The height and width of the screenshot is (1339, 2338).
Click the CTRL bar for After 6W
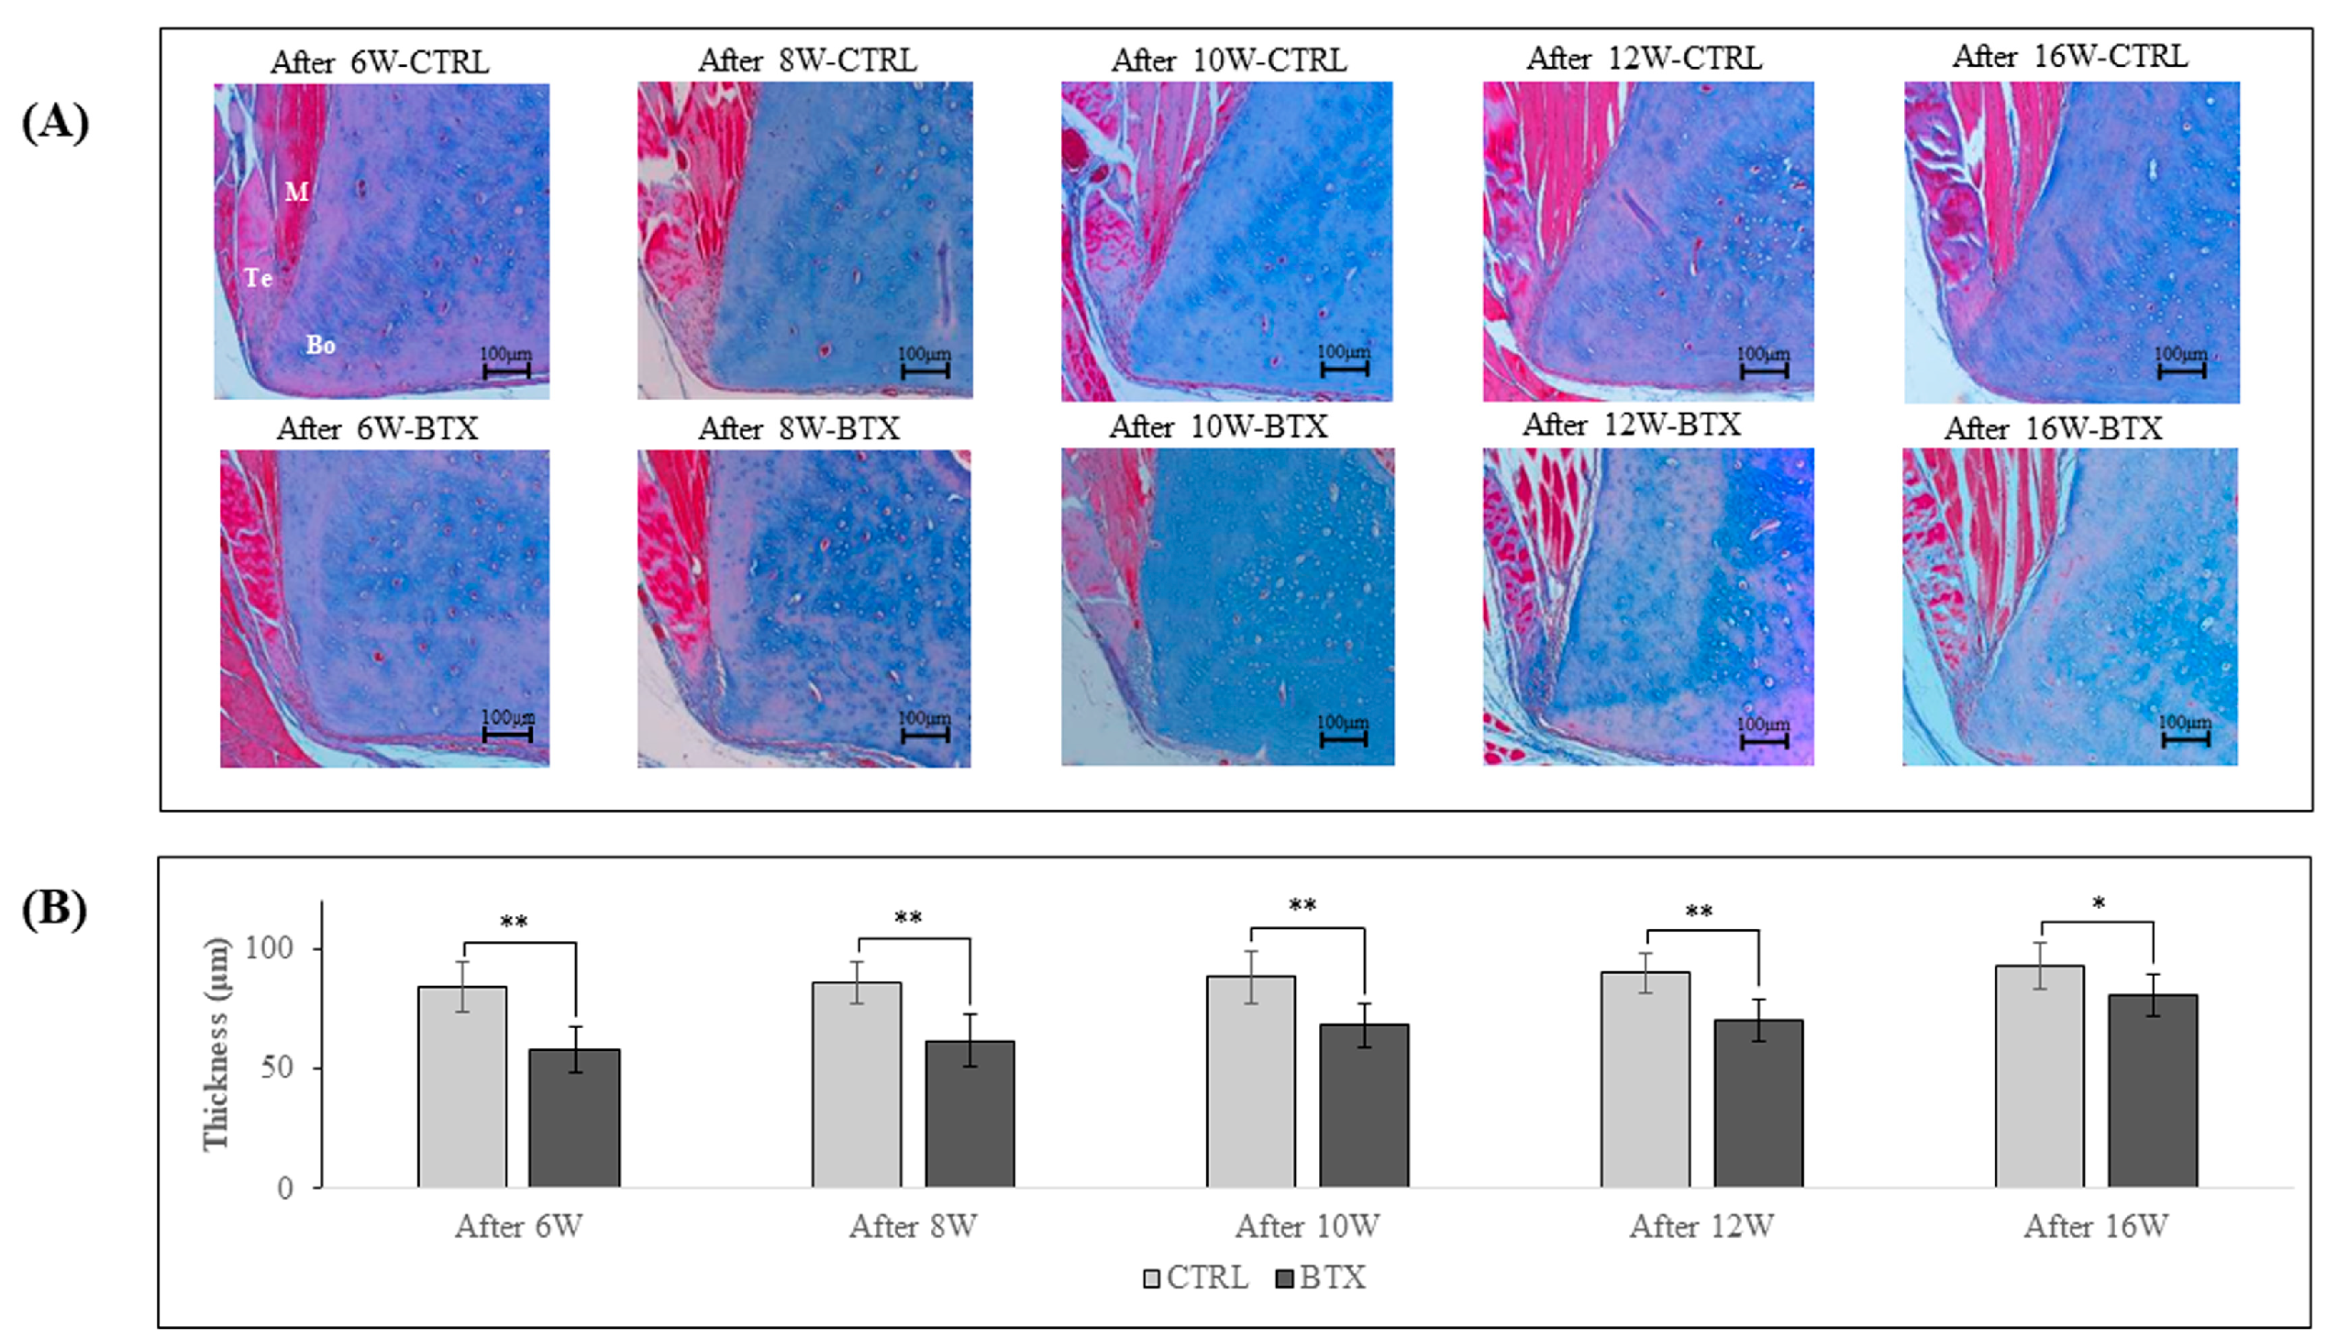pyautogui.click(x=461, y=1086)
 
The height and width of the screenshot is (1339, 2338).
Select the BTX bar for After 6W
pyautogui.click(x=574, y=1117)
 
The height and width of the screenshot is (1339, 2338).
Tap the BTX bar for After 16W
pyautogui.click(x=2152, y=1090)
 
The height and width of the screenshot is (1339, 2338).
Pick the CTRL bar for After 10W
pyautogui.click(x=1251, y=1080)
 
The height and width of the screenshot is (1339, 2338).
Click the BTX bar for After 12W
pyautogui.click(x=1757, y=1102)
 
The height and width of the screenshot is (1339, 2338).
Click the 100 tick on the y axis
pyautogui.click(x=269, y=948)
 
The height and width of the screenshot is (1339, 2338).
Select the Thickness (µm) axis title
pyautogui.click(x=216, y=1044)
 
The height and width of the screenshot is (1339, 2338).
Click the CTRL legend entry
pyautogui.click(x=1196, y=1278)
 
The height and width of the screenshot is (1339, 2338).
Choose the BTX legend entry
pyautogui.click(x=1322, y=1278)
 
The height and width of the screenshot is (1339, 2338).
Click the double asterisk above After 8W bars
pyautogui.click(x=908, y=918)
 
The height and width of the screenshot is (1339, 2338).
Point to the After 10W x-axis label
pyautogui.click(x=1307, y=1226)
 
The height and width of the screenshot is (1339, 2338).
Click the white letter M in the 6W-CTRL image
pyautogui.click(x=296, y=192)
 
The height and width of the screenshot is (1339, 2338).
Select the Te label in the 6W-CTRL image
pyautogui.click(x=259, y=277)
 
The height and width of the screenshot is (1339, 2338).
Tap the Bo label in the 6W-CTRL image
pyautogui.click(x=320, y=345)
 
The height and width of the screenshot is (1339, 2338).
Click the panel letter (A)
pyautogui.click(x=55, y=122)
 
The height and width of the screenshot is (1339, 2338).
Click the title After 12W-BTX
pyautogui.click(x=1632, y=425)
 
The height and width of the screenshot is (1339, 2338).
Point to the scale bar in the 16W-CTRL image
pyautogui.click(x=2181, y=370)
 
